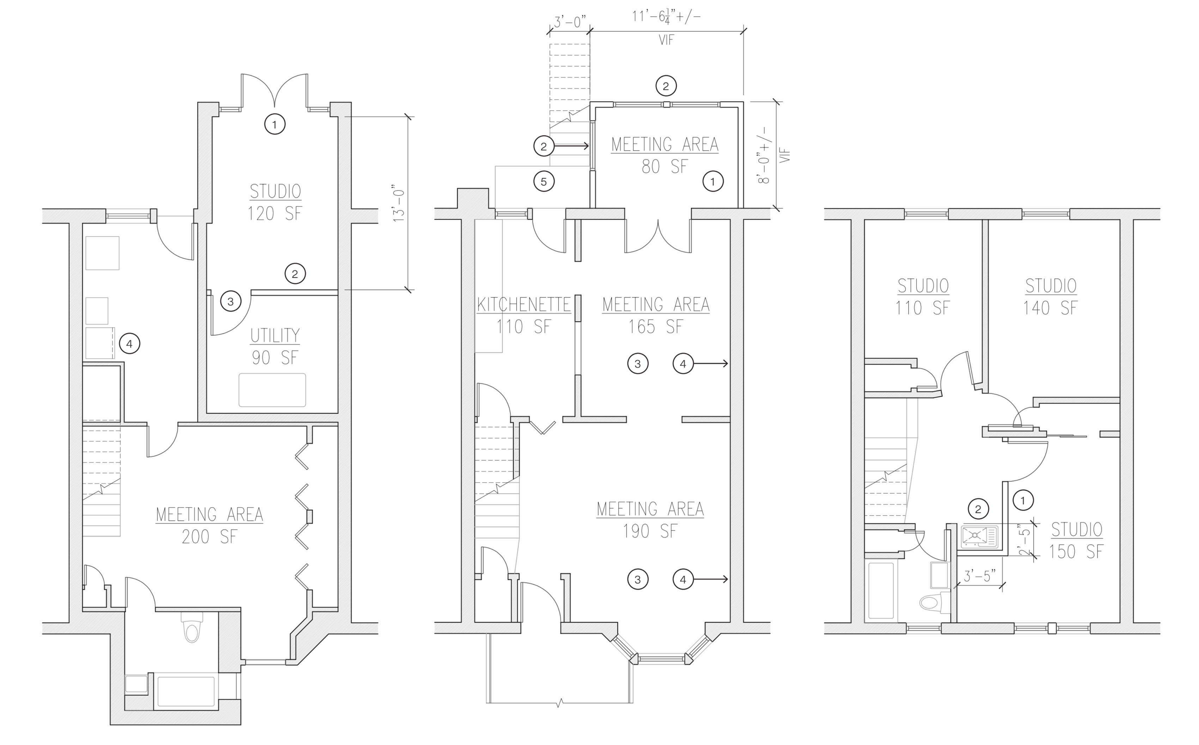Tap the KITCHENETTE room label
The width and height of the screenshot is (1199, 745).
pos(523,304)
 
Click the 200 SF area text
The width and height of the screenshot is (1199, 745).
pos(209,536)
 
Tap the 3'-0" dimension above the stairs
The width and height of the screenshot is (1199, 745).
pos(570,22)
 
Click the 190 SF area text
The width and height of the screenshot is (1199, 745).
pos(650,531)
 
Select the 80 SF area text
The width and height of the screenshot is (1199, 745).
pos(664,167)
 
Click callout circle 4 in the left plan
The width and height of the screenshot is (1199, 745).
pos(129,343)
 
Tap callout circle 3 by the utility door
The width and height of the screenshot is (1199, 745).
pos(230,301)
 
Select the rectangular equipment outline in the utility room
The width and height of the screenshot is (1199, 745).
pos(272,390)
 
